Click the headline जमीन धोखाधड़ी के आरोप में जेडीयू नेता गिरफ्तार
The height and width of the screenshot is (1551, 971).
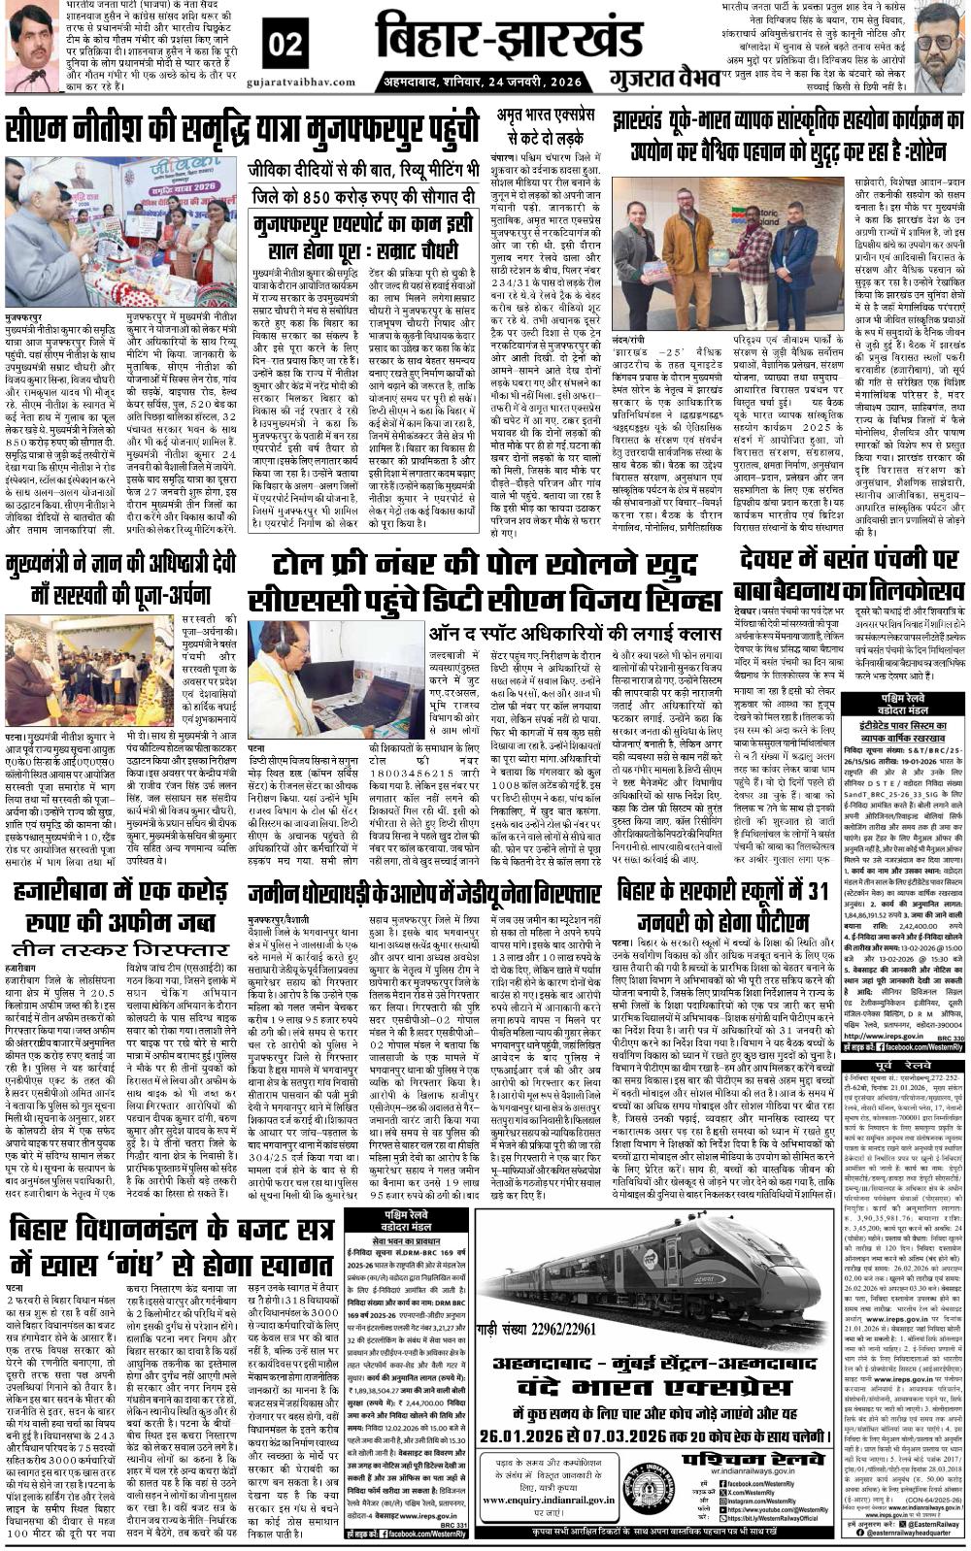coord(423,894)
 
